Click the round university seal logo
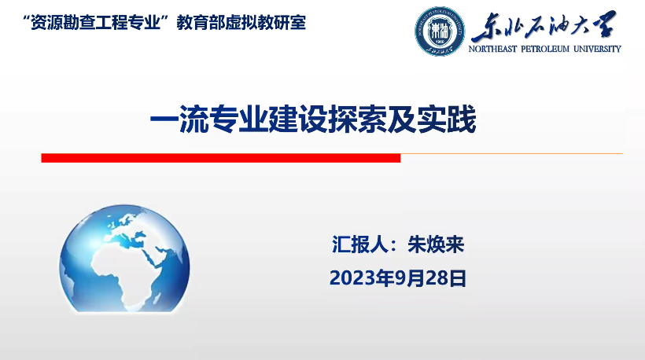440,31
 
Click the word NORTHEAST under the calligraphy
492,49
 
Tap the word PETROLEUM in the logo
545,49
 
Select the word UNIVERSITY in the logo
597,49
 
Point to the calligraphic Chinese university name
544,26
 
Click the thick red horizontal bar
221,158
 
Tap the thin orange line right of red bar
512,154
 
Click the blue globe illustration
124,258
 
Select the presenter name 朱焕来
436,244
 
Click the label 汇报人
360,244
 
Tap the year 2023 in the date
348,278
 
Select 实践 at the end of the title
446,119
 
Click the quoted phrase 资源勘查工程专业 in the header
95,23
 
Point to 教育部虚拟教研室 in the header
241,23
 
